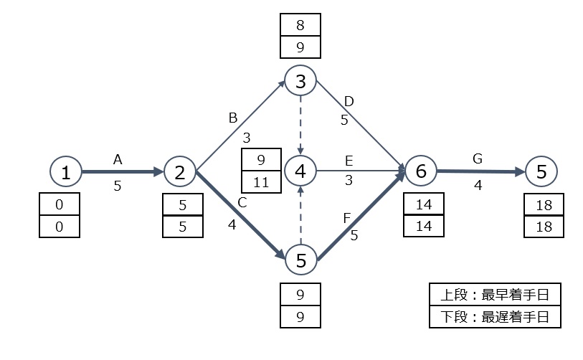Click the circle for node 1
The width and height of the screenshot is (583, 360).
(x=66, y=171)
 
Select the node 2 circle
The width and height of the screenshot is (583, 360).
(x=180, y=171)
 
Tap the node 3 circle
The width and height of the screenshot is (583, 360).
(x=300, y=81)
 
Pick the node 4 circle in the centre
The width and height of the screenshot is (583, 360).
(x=300, y=171)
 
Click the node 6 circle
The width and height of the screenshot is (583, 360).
(x=421, y=171)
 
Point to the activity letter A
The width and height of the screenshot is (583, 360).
(x=118, y=161)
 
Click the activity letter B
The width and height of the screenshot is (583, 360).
(x=232, y=118)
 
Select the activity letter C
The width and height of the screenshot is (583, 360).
(x=242, y=203)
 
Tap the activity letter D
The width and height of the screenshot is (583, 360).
(x=349, y=101)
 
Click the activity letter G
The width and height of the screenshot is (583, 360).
(x=478, y=158)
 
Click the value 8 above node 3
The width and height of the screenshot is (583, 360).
(x=300, y=25)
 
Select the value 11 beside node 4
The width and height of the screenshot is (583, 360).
(x=262, y=182)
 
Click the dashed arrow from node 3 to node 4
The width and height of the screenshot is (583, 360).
(x=300, y=125)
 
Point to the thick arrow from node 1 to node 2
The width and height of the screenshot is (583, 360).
(x=123, y=172)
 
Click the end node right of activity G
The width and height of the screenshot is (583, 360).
(x=541, y=171)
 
